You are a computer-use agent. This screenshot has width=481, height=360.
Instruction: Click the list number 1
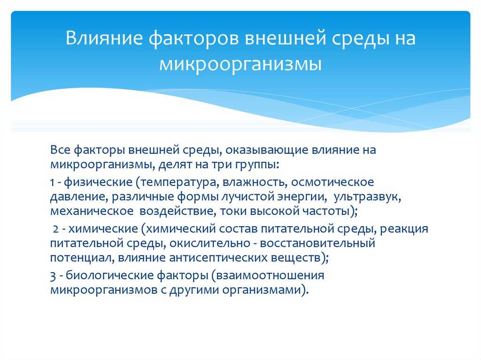(52, 181)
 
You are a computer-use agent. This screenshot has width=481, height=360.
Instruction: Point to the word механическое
(91, 211)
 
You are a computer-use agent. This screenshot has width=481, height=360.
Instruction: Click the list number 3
(53, 275)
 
